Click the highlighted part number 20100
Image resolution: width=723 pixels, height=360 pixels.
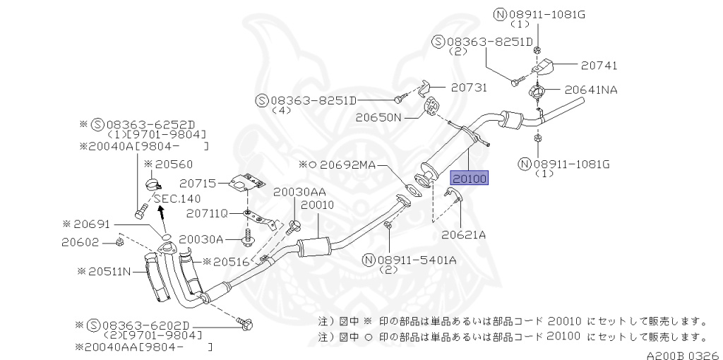tap(470, 179)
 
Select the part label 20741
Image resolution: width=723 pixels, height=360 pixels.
tap(599, 65)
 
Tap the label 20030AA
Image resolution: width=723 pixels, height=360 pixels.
tap(299, 192)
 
